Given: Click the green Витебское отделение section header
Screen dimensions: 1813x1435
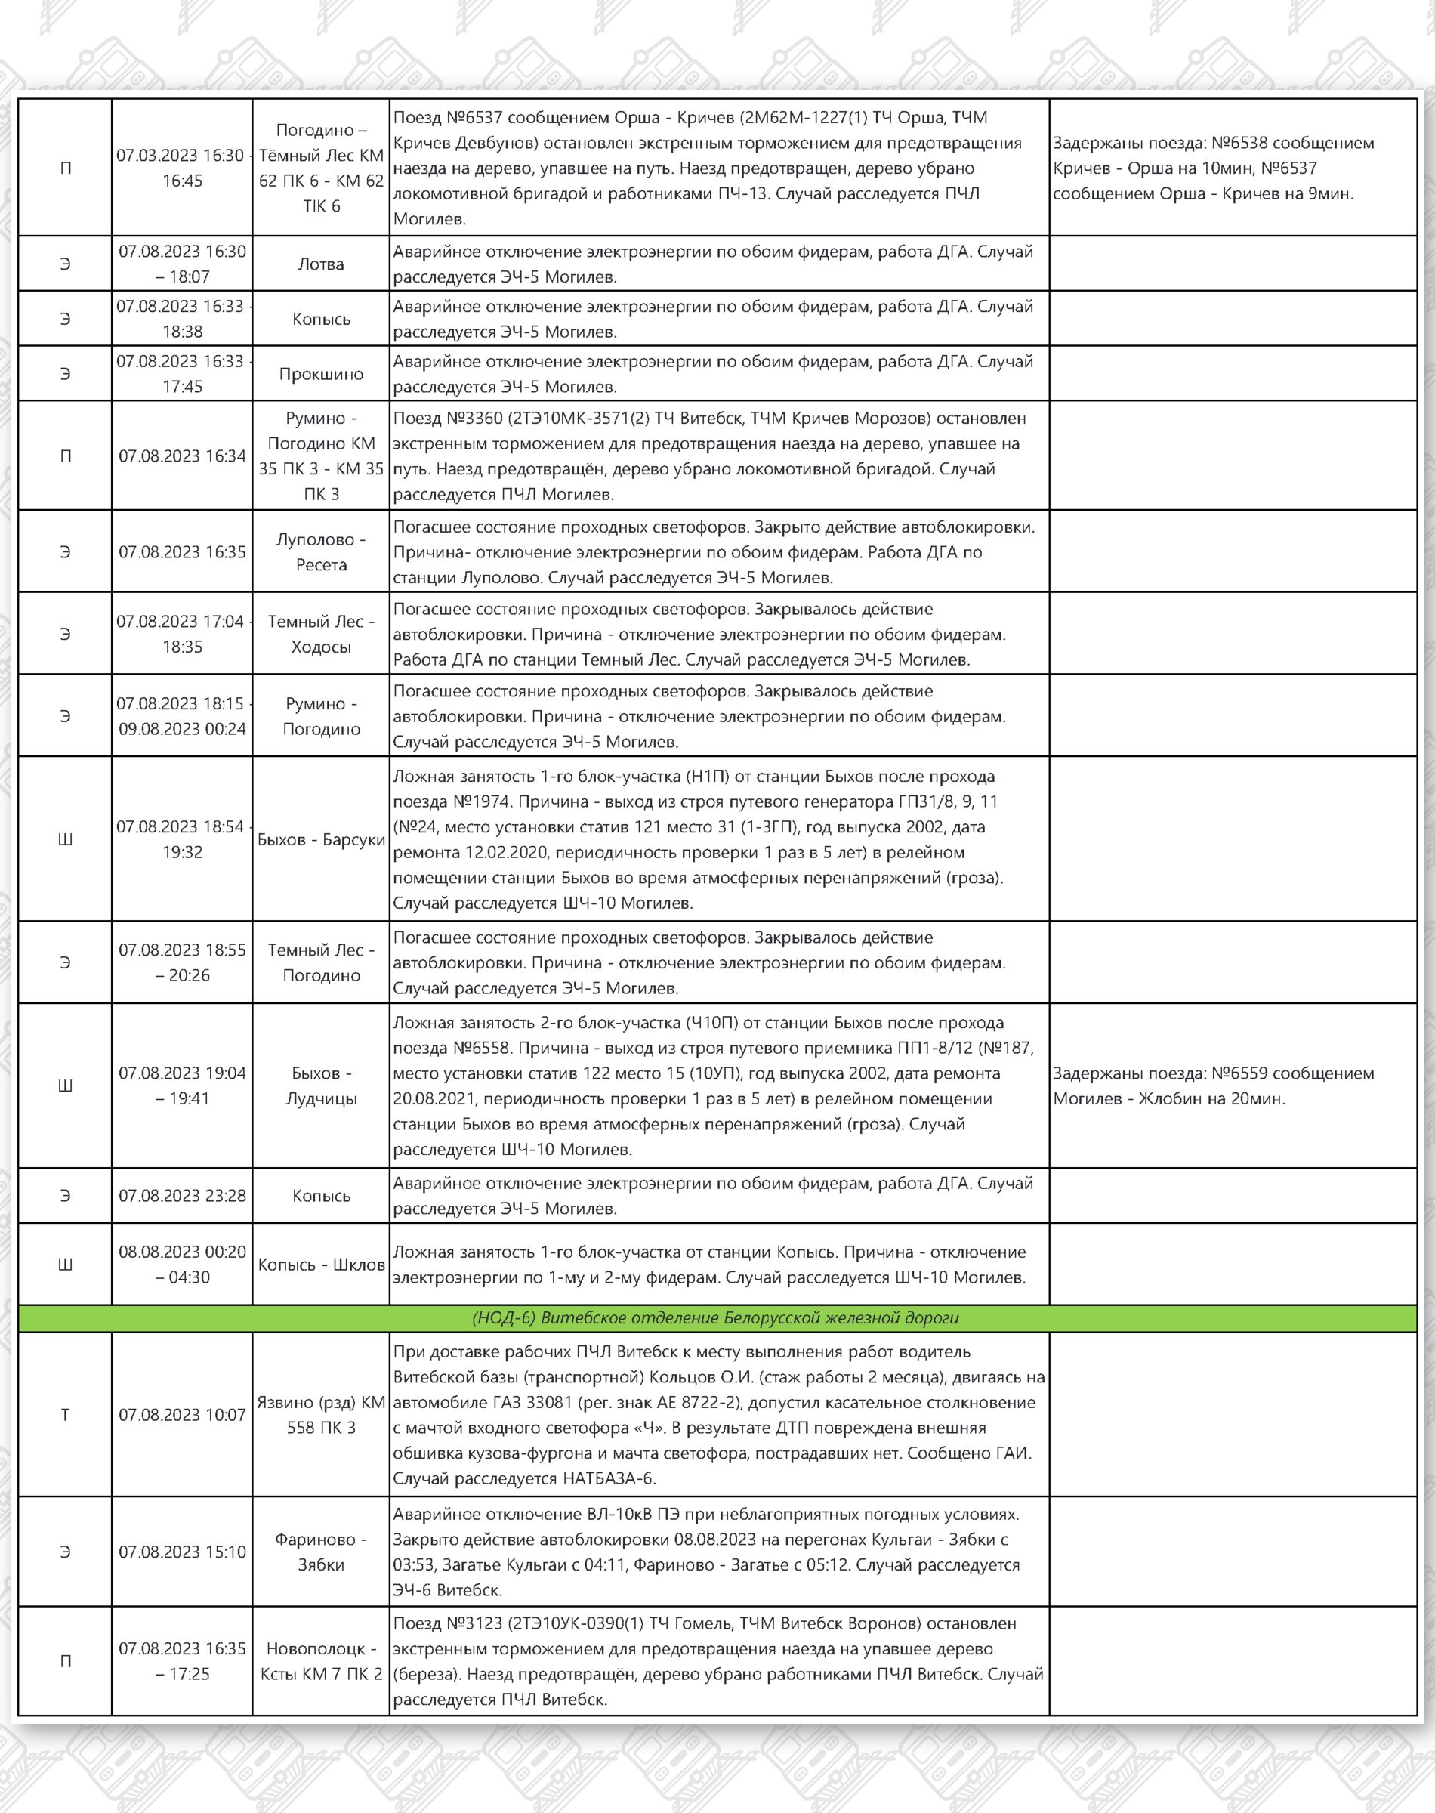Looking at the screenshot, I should point(716,1318).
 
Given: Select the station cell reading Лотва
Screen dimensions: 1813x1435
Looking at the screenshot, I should point(321,264).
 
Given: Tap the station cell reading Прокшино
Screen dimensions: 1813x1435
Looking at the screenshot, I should point(321,374).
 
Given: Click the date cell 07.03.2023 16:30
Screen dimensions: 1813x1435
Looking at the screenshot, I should point(181,167).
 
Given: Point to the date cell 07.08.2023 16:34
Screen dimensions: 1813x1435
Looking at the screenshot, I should point(181,456).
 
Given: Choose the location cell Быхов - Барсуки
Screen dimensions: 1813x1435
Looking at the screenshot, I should point(321,839).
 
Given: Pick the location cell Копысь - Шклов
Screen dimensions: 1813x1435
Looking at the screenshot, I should point(321,1265).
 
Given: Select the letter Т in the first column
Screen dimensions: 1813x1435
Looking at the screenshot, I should point(66,1415).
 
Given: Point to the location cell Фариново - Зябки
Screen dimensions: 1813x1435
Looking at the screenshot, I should point(321,1552).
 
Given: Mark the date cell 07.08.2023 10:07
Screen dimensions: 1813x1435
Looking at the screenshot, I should point(181,1415).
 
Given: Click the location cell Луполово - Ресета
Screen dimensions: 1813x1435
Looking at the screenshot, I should point(321,552).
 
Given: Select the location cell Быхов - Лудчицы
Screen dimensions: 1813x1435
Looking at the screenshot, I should point(321,1086).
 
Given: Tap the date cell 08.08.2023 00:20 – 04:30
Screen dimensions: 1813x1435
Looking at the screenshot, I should point(181,1265).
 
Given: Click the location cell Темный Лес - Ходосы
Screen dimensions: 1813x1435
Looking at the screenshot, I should point(321,635).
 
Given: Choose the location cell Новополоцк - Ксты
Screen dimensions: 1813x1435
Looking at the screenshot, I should point(321,1661).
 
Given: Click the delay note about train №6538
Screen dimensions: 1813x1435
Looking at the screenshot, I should point(1213,168).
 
